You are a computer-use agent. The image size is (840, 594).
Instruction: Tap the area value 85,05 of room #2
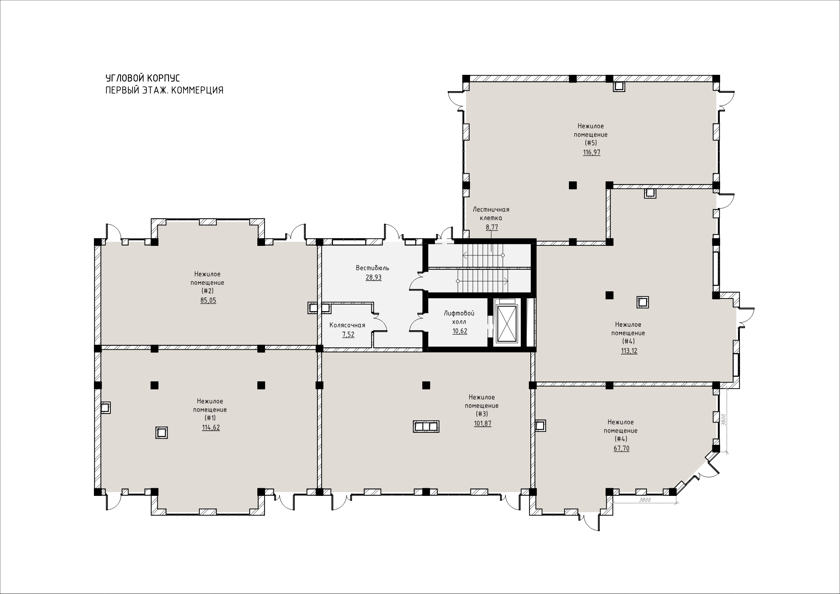click(208, 300)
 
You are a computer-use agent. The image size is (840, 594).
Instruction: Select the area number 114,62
click(211, 428)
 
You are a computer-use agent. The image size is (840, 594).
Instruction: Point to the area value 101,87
click(482, 423)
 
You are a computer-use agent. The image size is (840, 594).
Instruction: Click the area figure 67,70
click(622, 449)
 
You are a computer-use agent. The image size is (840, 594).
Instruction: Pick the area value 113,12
click(629, 351)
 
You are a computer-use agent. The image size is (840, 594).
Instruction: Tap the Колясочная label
click(347, 325)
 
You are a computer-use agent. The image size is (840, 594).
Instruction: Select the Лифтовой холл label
click(459, 318)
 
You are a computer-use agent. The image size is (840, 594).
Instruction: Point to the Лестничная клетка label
click(491, 214)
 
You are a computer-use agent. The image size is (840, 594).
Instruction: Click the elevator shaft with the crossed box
click(507, 323)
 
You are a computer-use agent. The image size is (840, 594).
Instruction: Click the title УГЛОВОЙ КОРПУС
click(142, 78)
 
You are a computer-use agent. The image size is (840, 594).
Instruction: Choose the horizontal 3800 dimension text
click(645, 500)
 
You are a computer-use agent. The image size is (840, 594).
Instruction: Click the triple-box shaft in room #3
click(426, 426)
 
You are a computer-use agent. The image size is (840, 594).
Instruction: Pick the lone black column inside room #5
click(572, 185)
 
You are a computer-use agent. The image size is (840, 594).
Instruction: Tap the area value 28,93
click(373, 278)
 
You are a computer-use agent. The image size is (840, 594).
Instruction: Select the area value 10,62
click(460, 331)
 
